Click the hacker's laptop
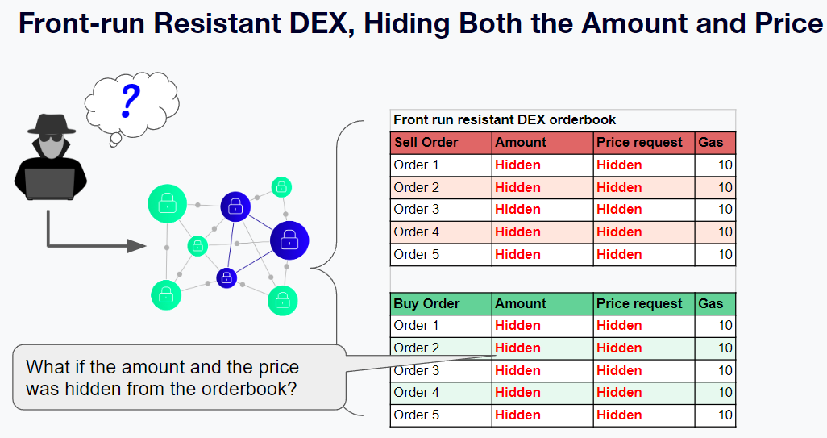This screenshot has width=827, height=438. tap(50, 183)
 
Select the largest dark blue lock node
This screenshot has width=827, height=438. tap(289, 240)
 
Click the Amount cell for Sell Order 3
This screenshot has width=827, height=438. tap(517, 210)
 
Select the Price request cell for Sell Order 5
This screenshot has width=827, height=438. tap(619, 254)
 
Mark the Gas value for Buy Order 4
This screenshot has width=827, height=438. tap(725, 393)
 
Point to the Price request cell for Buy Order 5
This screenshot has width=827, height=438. tap(619, 415)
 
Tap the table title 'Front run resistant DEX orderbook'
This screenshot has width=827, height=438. tap(505, 120)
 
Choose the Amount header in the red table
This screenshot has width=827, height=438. tap(521, 143)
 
